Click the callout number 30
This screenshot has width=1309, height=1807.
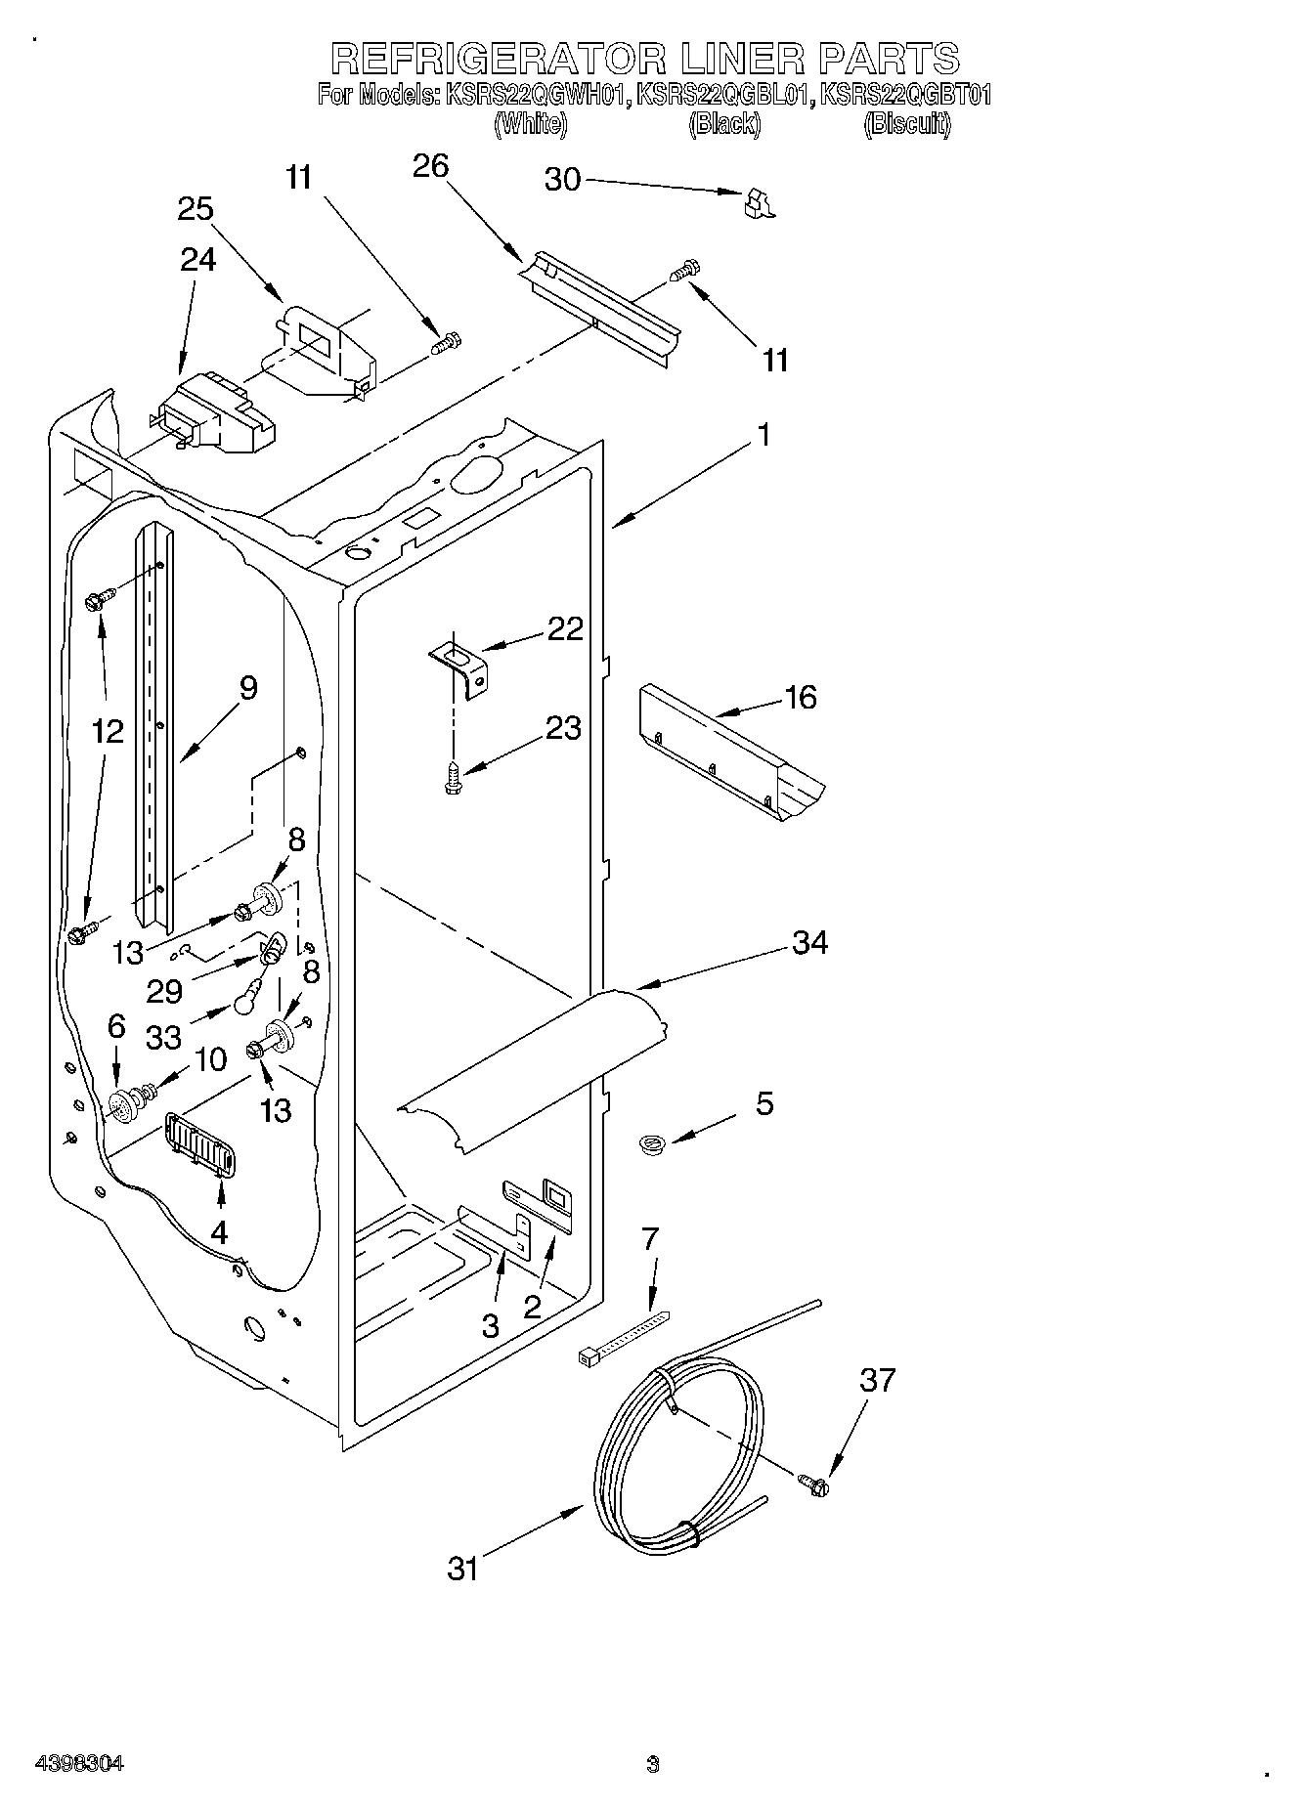point(562,180)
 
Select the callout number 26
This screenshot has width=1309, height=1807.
point(430,166)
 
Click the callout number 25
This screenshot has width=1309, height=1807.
point(196,209)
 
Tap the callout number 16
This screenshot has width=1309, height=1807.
point(800,698)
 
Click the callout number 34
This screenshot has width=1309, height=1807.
point(810,942)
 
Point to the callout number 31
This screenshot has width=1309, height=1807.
point(463,1569)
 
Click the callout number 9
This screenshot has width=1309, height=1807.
point(248,688)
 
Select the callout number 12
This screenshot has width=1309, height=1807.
point(109,731)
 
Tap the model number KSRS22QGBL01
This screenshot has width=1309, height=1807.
point(725,95)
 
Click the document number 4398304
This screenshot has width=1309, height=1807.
point(79,1765)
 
